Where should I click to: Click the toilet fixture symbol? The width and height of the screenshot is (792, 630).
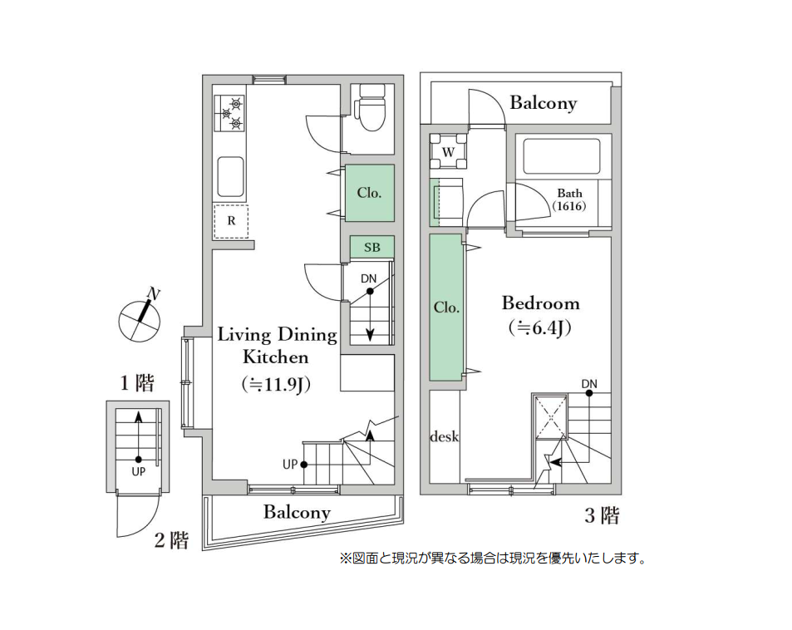(x=370, y=111)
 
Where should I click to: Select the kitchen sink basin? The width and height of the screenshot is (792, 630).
(x=230, y=175)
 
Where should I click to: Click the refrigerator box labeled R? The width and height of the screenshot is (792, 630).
(x=231, y=221)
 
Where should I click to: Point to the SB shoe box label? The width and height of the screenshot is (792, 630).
(x=371, y=248)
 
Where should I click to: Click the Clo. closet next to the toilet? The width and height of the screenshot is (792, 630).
(x=369, y=193)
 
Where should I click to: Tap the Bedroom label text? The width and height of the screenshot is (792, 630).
(x=540, y=303)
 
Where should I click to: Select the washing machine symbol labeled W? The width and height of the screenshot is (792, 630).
(x=448, y=151)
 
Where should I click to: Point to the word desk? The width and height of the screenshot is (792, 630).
(x=445, y=436)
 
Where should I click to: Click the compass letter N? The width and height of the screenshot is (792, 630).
(x=153, y=293)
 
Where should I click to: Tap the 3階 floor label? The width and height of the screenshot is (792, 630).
(x=602, y=516)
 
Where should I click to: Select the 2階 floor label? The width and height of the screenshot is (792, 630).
(x=171, y=541)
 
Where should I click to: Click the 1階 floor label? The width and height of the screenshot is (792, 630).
(x=136, y=383)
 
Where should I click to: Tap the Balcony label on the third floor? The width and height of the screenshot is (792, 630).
(x=543, y=103)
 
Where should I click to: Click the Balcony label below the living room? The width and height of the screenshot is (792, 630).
(x=297, y=512)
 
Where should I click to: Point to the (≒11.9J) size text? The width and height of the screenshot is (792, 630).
(x=275, y=385)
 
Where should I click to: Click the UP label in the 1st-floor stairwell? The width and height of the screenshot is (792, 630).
(x=138, y=470)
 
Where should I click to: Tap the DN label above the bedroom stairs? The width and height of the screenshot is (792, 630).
(x=589, y=383)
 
